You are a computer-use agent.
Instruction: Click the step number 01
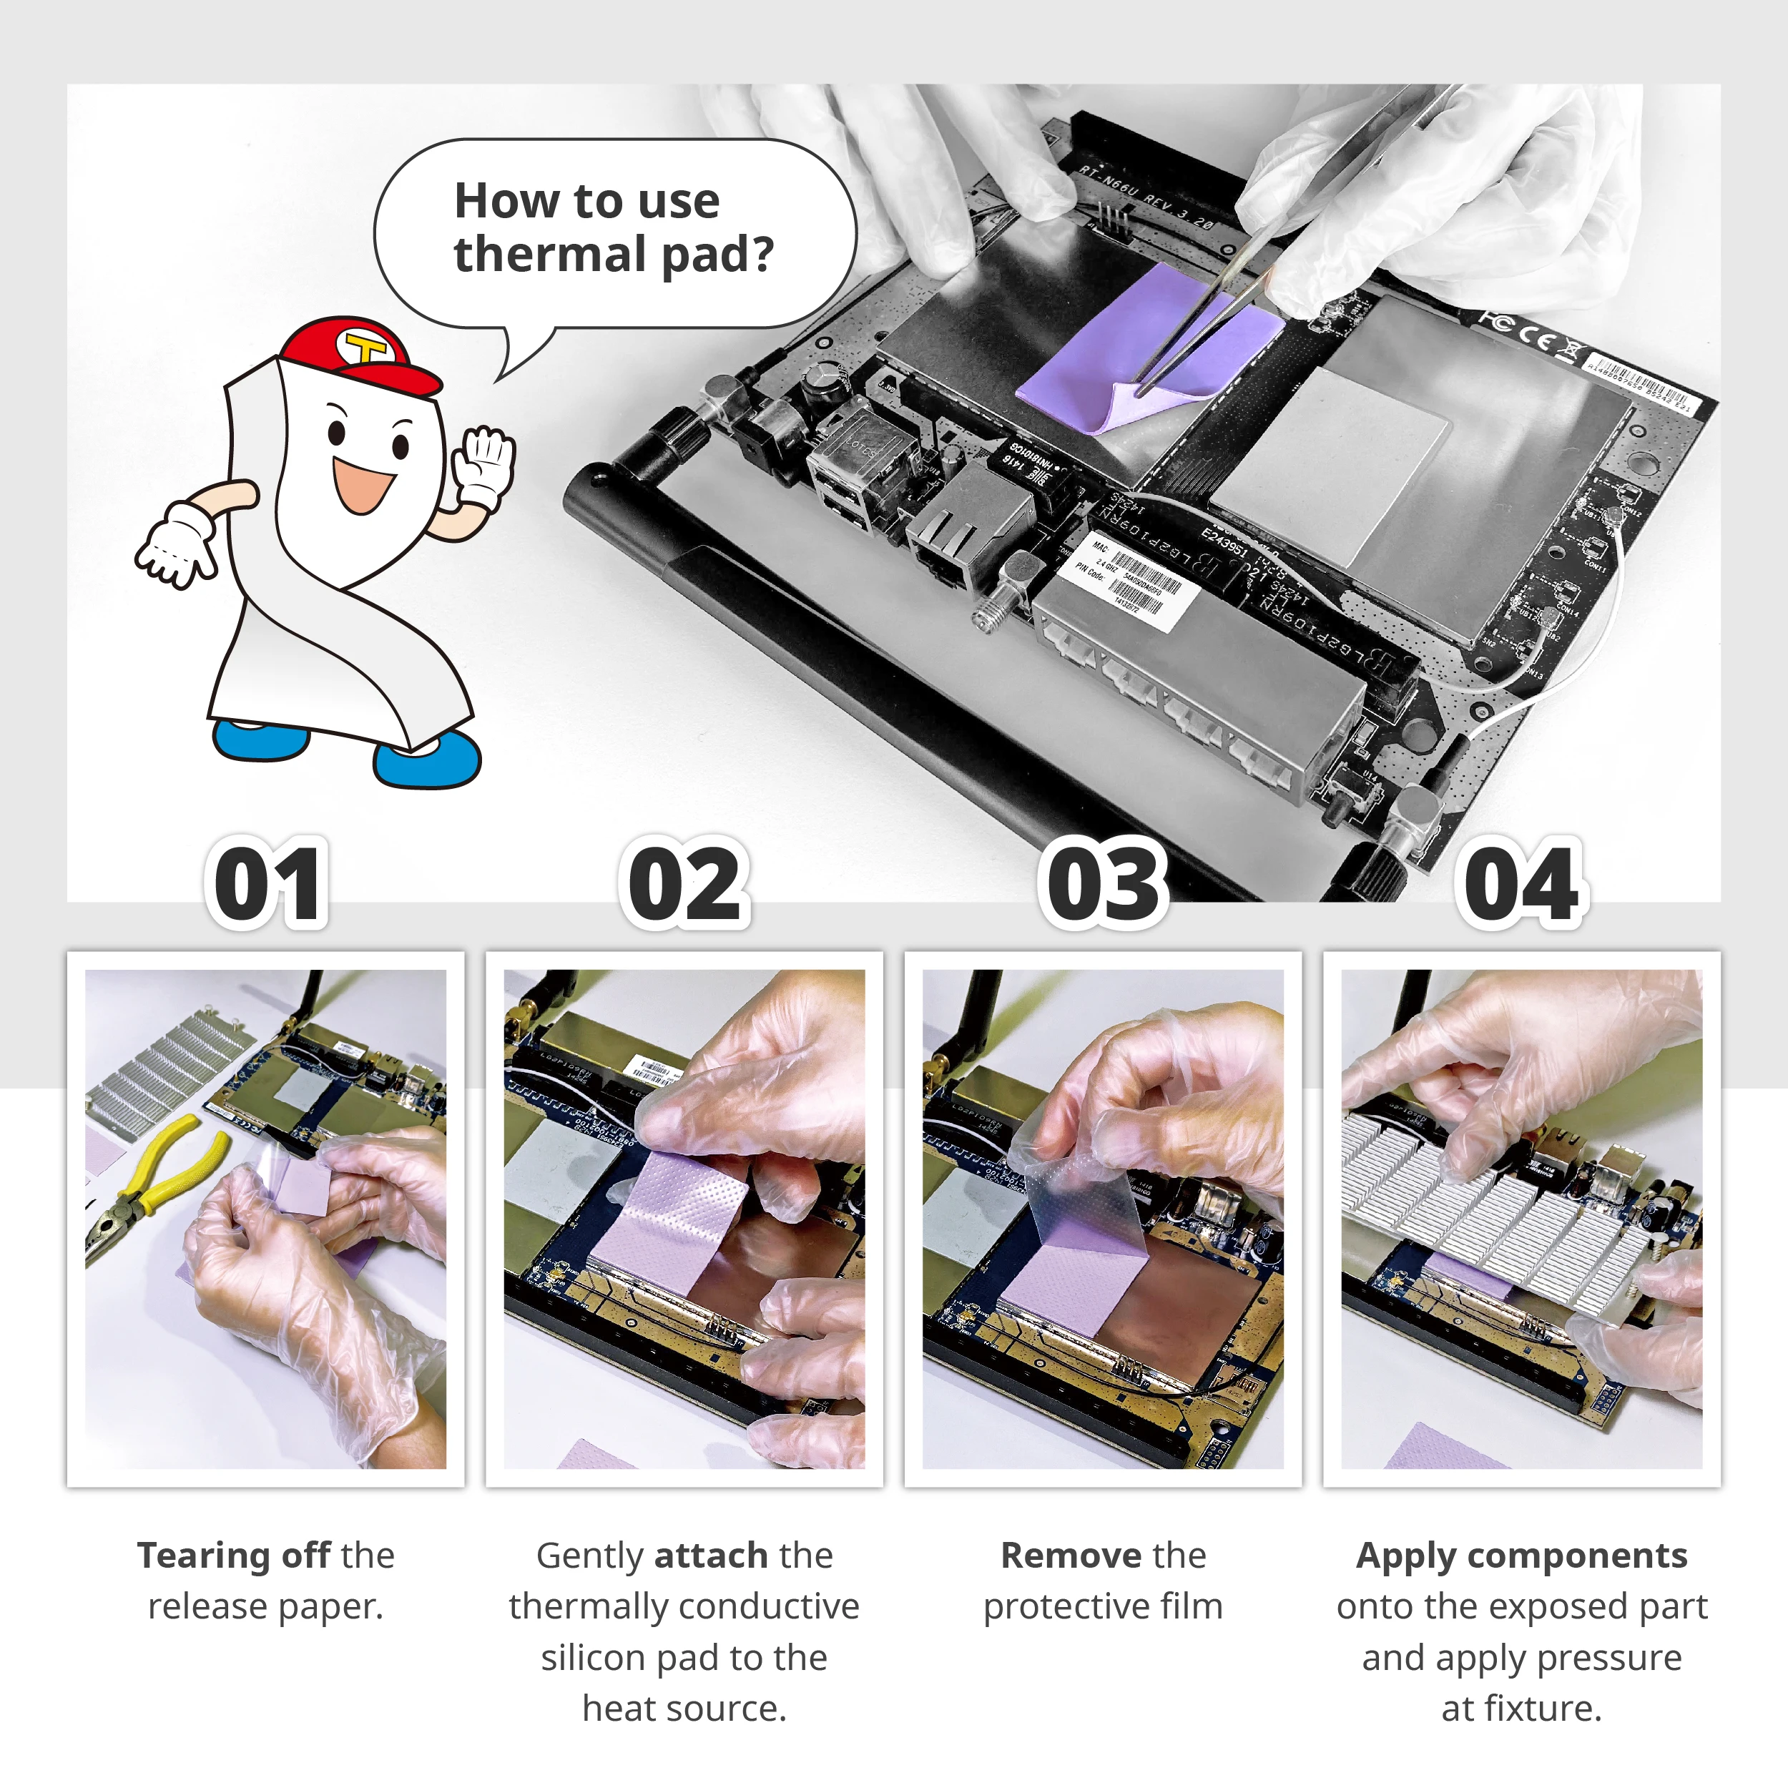pos(267,885)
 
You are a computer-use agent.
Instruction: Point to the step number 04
pos(1521,885)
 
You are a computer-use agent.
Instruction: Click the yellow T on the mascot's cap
pos(368,350)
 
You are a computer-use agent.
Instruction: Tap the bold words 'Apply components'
pos(1521,1556)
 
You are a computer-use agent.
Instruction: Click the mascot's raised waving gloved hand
pos(483,465)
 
